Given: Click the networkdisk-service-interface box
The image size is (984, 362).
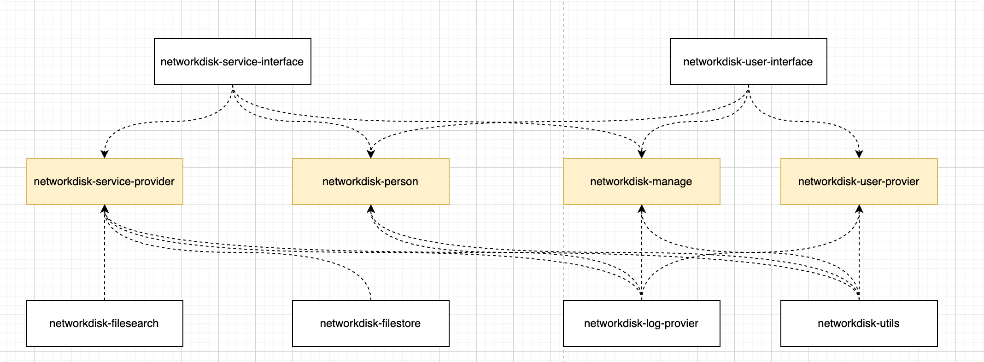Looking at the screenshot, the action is coord(233,62).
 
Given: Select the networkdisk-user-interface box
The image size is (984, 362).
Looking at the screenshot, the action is coord(749,62).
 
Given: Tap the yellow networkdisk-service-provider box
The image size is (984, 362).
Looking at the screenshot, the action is coord(105,181).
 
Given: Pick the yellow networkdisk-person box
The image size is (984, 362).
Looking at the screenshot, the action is coord(371,181).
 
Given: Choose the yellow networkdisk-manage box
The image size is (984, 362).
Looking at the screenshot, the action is coord(642,181).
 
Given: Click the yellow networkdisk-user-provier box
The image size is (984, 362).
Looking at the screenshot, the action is coord(859,181).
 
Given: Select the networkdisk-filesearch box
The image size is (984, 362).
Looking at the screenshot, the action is coord(105,323).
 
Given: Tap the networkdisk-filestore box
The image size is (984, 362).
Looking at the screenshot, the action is coord(371,323).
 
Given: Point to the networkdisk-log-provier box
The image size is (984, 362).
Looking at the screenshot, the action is coord(642,323).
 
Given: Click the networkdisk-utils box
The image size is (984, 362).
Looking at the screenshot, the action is coord(859,323).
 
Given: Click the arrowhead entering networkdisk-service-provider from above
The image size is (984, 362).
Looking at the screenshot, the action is coord(105,154).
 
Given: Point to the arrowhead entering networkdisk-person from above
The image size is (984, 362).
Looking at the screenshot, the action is coord(371,154).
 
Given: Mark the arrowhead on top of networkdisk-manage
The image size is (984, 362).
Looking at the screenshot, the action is coord(642,154).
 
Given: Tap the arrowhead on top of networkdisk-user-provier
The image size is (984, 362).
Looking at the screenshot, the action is coord(859,154).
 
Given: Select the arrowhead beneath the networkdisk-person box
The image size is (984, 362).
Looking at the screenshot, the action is coord(371,209).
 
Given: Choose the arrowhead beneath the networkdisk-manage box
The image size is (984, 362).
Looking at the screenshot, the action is coord(642,209).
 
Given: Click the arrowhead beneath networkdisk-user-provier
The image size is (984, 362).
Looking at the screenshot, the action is coord(859,209).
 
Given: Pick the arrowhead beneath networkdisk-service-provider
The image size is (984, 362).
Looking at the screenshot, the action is coord(105,209).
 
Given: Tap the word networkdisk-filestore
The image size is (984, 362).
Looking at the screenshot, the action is coord(370,323).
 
